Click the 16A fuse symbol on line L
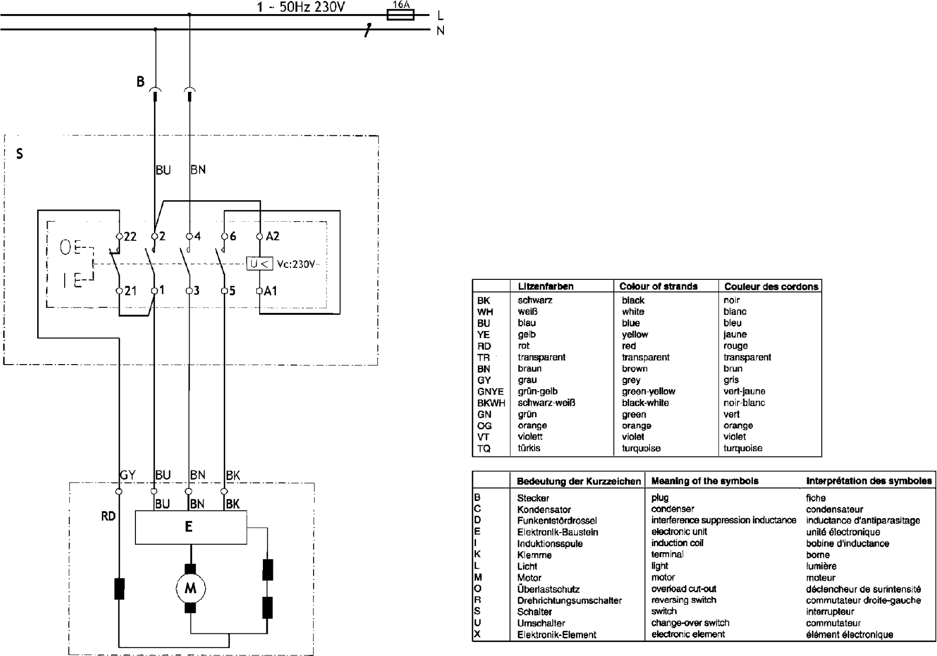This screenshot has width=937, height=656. click(400, 15)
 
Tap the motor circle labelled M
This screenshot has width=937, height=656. click(191, 588)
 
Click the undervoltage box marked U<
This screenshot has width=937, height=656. click(259, 264)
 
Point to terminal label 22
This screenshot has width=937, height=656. click(130, 236)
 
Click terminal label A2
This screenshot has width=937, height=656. click(272, 236)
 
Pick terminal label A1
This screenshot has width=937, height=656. click(270, 291)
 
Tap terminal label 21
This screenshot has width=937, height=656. click(130, 291)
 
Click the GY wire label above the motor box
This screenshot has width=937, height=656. click(128, 475)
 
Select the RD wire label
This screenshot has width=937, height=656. click(108, 516)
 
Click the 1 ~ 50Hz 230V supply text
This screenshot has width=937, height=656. click(301, 7)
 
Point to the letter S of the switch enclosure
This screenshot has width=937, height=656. click(20, 153)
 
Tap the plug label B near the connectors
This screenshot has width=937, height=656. click(140, 81)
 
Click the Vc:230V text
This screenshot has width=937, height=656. click(296, 264)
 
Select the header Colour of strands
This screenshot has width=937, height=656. click(658, 286)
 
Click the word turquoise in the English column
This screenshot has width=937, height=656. click(641, 448)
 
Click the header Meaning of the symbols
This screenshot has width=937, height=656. click(705, 481)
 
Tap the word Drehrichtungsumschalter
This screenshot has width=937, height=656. click(569, 600)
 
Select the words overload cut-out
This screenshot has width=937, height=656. click(684, 589)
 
